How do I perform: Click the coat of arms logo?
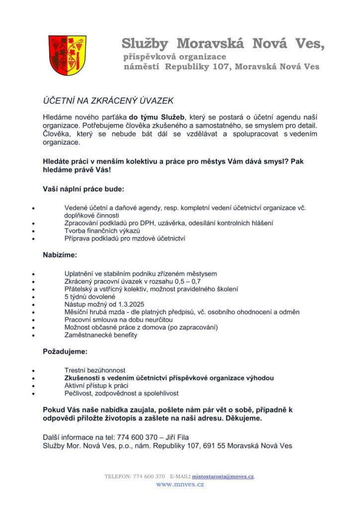67,55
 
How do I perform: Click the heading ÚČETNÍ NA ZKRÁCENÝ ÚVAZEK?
108,101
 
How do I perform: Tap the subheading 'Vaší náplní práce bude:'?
84,189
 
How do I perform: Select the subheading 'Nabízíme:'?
60,255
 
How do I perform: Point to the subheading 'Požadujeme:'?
65,351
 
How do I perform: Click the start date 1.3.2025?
130,304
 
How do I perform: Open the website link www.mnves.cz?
180,484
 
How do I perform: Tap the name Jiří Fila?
174,437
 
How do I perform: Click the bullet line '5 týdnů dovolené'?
90,297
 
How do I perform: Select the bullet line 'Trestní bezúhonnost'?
95,370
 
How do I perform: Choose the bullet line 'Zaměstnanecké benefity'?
101,335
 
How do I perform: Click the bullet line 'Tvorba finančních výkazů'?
102,231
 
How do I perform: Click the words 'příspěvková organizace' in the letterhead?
175,57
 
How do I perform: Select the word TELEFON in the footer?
118,476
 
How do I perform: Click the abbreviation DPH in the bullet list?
151,224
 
